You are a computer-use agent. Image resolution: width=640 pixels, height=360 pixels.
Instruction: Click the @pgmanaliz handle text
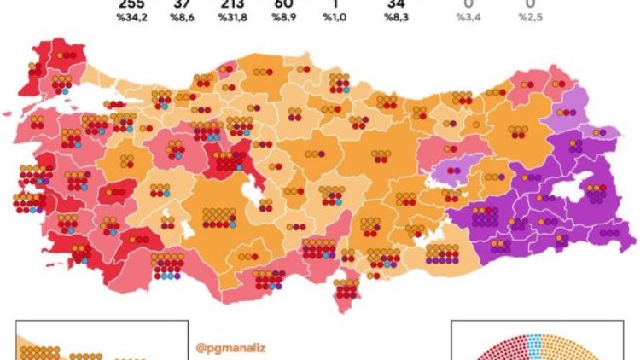coord(224,347)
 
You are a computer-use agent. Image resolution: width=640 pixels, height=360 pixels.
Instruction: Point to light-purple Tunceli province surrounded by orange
coord(456,171)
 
